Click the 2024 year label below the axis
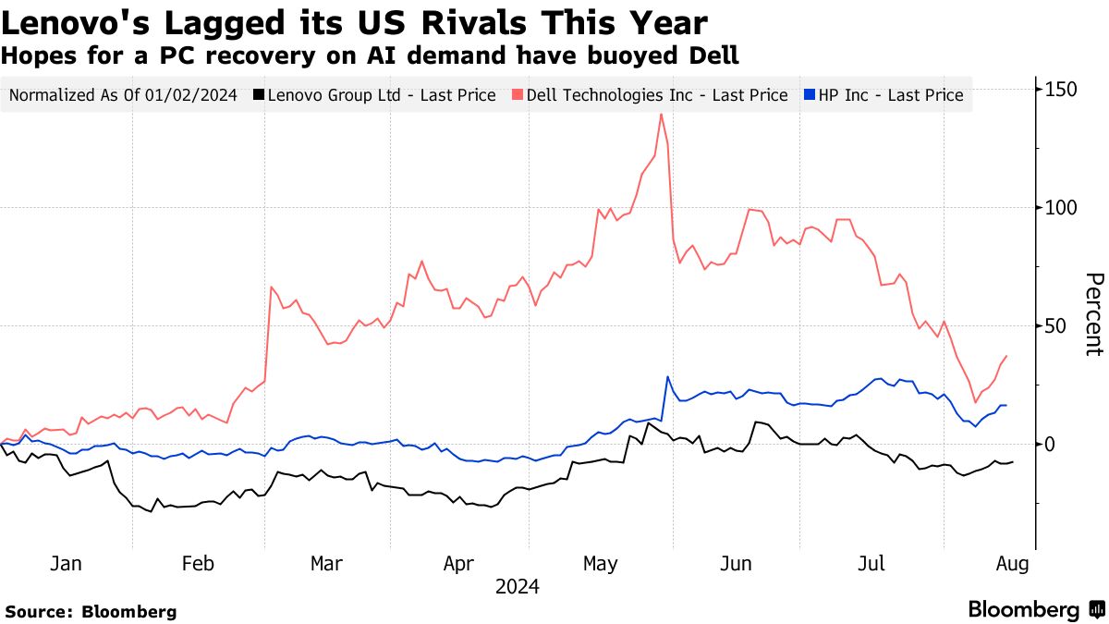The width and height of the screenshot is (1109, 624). pyautogui.click(x=518, y=587)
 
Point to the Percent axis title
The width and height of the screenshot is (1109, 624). pyautogui.click(x=1093, y=314)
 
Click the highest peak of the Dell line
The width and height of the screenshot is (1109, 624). pyautogui.click(x=661, y=114)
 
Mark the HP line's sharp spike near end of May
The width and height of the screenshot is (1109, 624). pyautogui.click(x=667, y=377)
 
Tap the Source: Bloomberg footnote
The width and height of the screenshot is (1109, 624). pyautogui.click(x=91, y=612)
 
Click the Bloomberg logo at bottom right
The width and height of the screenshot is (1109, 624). pyautogui.click(x=1035, y=610)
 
